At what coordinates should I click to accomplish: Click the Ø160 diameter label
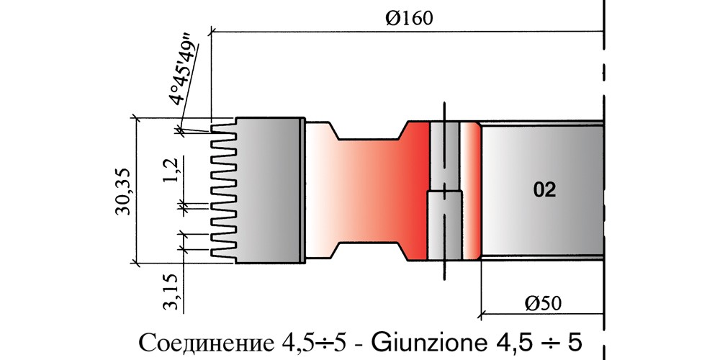(409, 19)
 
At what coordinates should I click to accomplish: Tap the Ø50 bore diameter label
(543, 303)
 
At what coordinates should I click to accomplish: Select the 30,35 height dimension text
(124, 191)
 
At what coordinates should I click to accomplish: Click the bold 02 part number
(544, 190)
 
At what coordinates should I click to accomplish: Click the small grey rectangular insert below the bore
(444, 225)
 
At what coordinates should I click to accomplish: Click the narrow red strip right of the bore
(470, 190)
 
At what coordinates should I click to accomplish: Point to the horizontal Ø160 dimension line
(407, 32)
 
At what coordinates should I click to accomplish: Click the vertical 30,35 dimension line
(136, 190)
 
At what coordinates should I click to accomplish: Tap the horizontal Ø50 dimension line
(542, 315)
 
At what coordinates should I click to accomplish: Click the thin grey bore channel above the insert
(444, 156)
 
